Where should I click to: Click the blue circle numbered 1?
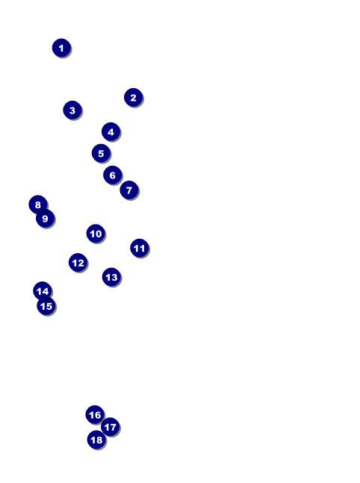61,48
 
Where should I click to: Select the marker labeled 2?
133,97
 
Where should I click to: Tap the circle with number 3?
72,110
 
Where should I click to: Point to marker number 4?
111,132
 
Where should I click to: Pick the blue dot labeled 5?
101,153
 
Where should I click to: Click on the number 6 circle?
112,175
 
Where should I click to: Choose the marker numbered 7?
128,190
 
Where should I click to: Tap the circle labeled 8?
38,205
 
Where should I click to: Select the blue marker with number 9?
45,219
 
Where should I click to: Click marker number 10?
96,234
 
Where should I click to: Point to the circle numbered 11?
140,248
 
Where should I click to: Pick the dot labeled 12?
78,263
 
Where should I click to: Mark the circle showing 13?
111,277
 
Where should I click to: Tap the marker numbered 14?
43,291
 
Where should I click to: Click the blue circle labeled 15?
46,306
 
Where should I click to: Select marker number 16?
95,414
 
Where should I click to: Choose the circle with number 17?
110,427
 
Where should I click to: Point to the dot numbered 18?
96,440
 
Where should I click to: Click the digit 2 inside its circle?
133,98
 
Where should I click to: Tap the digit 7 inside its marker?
129,190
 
